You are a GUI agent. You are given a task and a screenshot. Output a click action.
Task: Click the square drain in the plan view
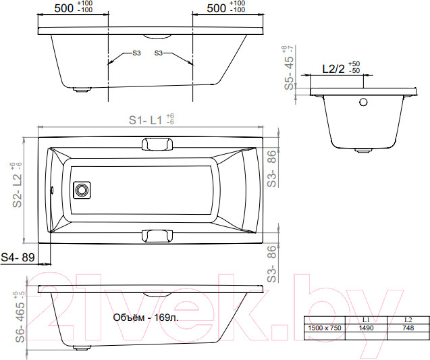tap(82, 190)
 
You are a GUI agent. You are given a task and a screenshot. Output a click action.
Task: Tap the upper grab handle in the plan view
tap(157, 145)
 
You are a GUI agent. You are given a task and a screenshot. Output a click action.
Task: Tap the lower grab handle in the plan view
tap(157, 236)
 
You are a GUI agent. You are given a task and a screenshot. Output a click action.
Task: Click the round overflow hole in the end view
tap(363, 103)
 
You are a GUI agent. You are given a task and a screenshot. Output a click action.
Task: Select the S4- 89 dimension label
tap(18, 257)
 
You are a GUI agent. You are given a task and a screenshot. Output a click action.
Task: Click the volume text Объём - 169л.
tap(146, 317)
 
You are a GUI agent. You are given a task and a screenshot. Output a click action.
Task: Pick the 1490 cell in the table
tap(366, 328)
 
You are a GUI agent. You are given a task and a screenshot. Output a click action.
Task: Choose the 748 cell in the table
tap(408, 328)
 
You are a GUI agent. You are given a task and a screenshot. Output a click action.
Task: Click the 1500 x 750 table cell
tap(325, 328)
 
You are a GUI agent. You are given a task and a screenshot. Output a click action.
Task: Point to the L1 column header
tap(366, 320)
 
